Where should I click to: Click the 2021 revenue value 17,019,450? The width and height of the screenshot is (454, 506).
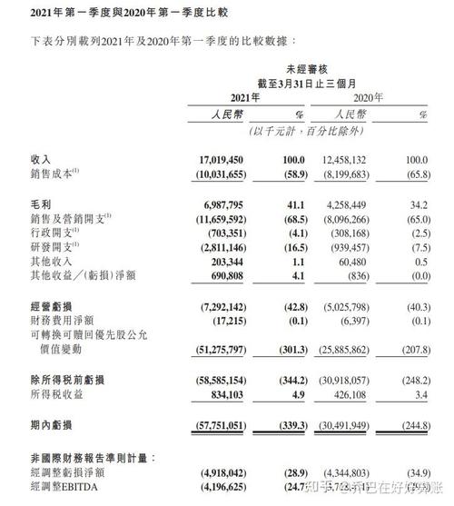[215, 159]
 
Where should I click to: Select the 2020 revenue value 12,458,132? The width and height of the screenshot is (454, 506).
[335, 159]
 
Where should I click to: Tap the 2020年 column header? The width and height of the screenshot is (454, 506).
[368, 95]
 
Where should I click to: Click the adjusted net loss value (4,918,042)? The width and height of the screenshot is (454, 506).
[214, 472]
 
